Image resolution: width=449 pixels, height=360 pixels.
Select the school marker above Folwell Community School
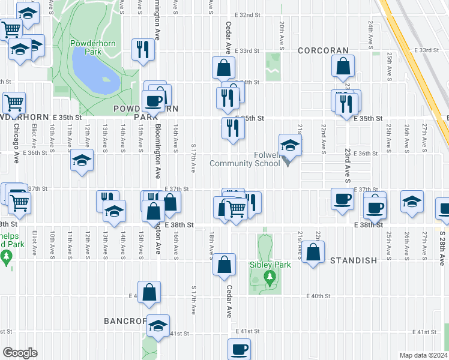click(290, 145)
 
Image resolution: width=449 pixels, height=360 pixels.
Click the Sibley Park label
click(270, 265)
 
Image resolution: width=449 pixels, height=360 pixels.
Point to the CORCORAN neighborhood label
click(324, 51)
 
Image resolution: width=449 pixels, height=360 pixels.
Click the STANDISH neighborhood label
click(354, 260)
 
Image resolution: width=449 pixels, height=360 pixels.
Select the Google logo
click(20, 353)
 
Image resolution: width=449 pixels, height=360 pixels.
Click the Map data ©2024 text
click(423, 355)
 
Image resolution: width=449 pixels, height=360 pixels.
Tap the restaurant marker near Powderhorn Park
click(143, 50)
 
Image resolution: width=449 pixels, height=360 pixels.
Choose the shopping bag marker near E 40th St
click(149, 292)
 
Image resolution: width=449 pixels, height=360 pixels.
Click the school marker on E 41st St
click(158, 326)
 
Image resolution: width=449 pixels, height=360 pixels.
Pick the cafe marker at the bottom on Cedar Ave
click(239, 349)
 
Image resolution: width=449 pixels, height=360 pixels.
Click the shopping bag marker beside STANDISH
click(313, 252)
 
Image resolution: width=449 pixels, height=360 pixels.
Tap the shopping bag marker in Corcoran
click(343, 67)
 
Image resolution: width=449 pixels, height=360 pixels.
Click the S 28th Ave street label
click(442, 246)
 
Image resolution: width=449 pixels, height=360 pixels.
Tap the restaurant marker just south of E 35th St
click(232, 128)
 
